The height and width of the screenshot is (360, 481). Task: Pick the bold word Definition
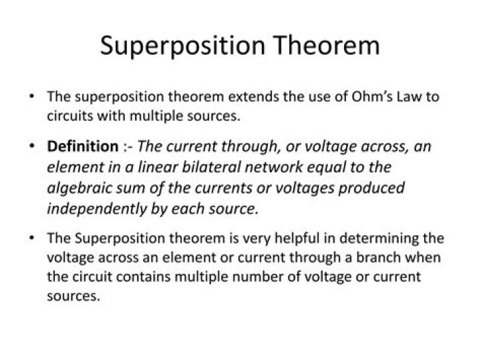pos(82,147)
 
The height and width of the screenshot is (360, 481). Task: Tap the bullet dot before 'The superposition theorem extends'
pos(32,96)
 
